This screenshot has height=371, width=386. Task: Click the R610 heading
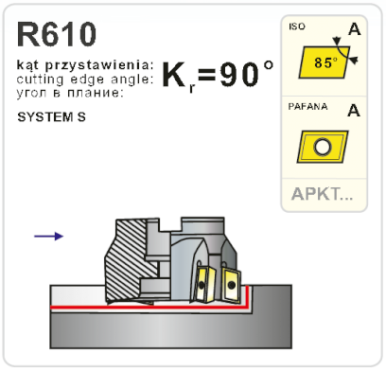coord(57,35)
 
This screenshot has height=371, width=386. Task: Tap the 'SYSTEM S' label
coord(47,121)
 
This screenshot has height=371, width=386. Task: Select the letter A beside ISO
coord(353,29)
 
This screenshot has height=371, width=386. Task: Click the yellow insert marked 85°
coord(324,64)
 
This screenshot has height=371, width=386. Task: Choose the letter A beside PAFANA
coord(353,110)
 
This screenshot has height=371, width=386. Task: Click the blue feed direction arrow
coord(48,236)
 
